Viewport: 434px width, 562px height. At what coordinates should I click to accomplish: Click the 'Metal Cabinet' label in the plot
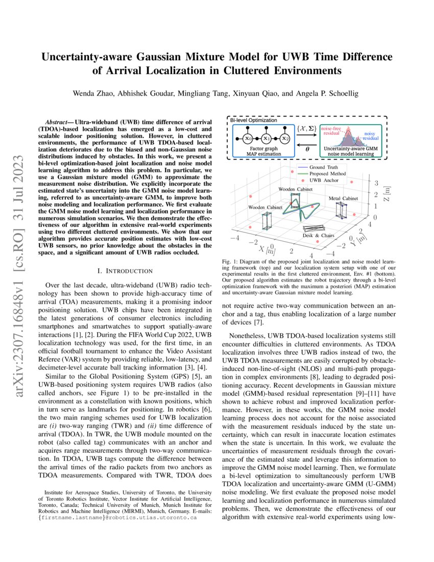[343, 198]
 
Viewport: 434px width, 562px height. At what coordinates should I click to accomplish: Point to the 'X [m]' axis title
[268, 250]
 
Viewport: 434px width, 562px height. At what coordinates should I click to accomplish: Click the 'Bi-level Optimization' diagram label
[254, 120]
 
